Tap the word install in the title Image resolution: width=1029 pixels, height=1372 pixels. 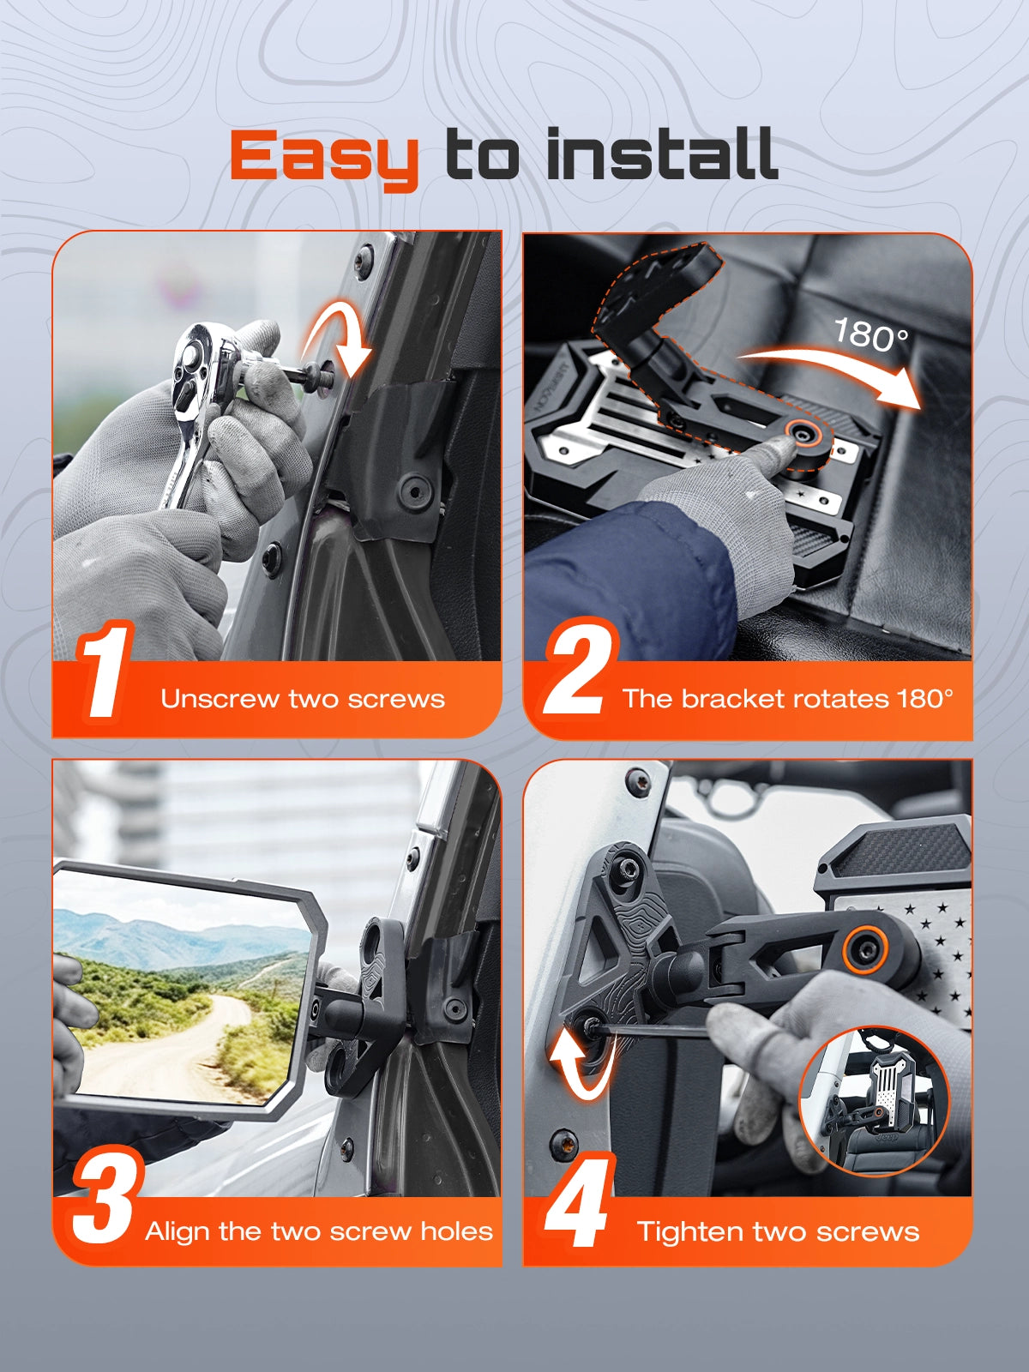pos(662,153)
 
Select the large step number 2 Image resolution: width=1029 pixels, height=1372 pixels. pos(581,666)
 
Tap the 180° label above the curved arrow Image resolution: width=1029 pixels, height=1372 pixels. pos(871,335)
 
